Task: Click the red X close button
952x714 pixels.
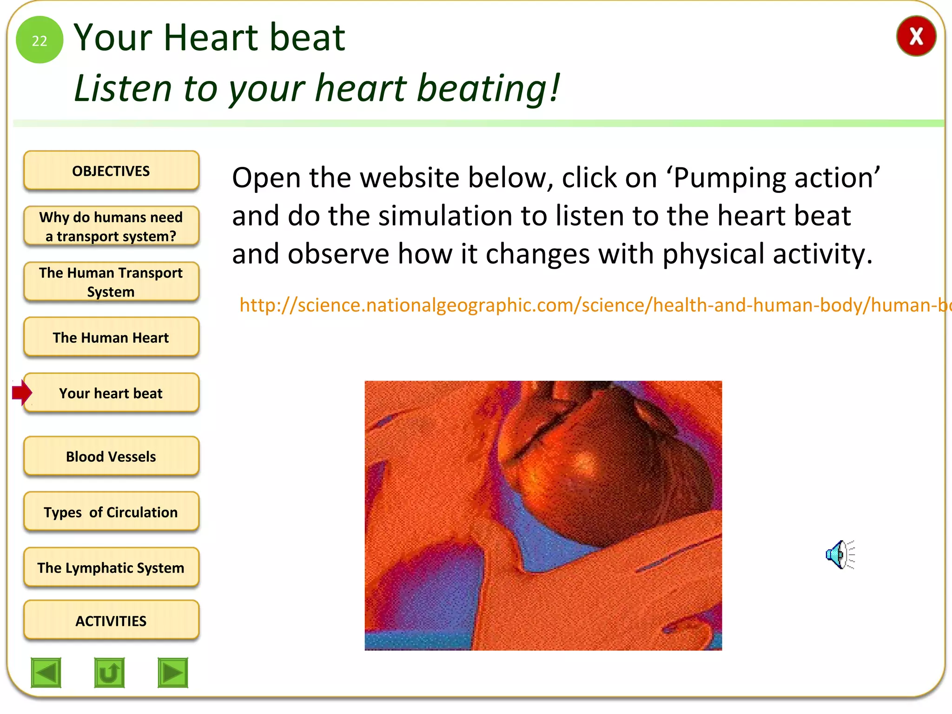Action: (x=916, y=36)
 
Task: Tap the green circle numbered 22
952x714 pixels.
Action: (x=40, y=40)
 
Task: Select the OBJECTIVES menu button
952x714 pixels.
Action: (x=111, y=171)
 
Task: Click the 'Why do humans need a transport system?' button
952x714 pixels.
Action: (x=111, y=226)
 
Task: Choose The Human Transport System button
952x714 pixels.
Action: (x=111, y=282)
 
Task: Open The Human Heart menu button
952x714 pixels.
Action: (x=111, y=337)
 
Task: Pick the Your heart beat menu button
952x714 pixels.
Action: (x=111, y=393)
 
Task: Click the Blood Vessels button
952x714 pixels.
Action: (x=111, y=456)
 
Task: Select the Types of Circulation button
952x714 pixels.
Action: (x=111, y=512)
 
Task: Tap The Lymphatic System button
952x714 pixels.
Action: (x=111, y=568)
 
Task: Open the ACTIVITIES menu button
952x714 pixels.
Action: (x=111, y=621)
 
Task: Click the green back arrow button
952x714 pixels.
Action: (x=46, y=672)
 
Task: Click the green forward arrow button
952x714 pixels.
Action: (x=172, y=672)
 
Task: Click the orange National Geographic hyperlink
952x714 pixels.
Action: (x=590, y=305)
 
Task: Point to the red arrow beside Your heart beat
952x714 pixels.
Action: (x=21, y=392)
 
